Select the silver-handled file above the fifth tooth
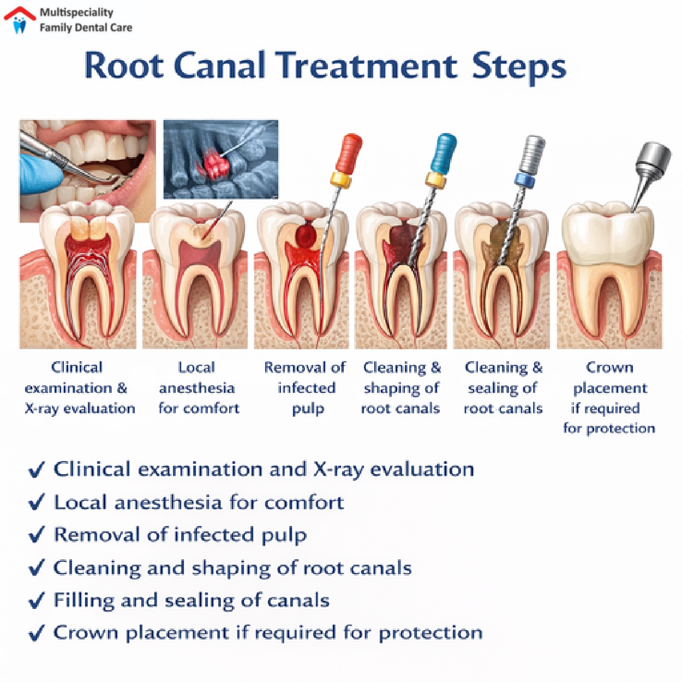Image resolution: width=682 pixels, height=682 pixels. coord(532,154)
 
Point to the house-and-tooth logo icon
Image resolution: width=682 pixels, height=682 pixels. coord(20,19)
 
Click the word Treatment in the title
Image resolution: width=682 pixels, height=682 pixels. coord(366,66)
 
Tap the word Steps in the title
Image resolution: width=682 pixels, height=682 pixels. coord(519,67)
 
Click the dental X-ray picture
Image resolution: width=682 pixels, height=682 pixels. coord(220,159)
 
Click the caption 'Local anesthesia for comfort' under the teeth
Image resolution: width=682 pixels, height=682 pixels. coord(198,388)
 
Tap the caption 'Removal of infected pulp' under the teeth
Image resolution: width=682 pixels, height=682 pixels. coord(306,388)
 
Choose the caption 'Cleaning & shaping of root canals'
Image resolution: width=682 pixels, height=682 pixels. coord(401,388)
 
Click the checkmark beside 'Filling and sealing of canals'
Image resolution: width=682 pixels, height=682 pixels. coord(36,601)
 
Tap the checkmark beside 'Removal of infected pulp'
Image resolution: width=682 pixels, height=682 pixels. coord(36,535)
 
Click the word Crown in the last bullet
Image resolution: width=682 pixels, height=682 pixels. coord(86,633)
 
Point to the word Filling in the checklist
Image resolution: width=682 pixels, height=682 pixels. coord(84,601)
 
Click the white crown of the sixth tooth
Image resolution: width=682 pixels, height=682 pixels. coord(607,229)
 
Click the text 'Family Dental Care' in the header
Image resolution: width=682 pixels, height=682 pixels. coord(86,27)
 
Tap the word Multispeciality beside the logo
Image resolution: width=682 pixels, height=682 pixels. coord(76,12)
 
